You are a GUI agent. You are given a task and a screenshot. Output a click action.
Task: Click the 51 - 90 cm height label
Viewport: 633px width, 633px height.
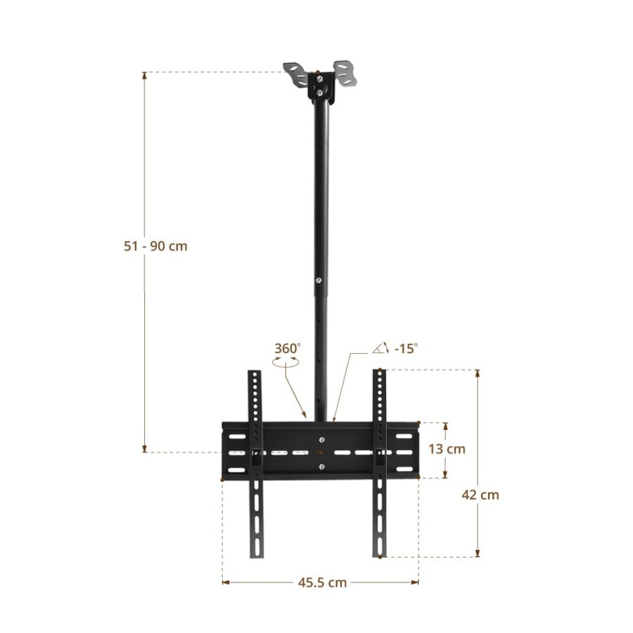(155, 246)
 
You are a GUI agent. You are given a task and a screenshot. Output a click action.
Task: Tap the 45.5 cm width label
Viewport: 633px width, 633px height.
(322, 582)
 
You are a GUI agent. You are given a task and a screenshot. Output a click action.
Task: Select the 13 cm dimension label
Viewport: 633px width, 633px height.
(447, 449)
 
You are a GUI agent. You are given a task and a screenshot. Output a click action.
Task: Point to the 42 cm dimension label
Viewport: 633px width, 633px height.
(480, 494)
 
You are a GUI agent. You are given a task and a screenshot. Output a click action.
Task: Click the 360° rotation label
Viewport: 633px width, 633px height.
(288, 348)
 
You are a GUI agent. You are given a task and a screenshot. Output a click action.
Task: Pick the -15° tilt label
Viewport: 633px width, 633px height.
(406, 348)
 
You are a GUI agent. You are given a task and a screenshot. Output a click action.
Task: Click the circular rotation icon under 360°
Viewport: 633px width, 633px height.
(286, 362)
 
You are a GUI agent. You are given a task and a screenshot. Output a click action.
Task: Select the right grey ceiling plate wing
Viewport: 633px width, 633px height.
(345, 72)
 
